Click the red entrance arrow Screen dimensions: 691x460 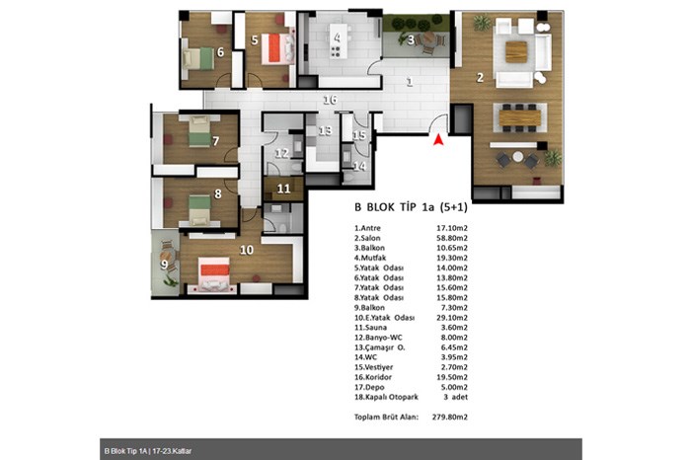(x=438, y=139)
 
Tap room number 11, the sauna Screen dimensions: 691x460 (x=284, y=189)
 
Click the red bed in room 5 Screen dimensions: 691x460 (x=276, y=48)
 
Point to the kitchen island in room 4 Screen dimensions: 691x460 (x=338, y=41)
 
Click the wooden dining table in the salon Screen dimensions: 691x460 (x=519, y=117)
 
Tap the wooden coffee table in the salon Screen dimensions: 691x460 (x=516, y=51)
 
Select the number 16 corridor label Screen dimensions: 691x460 (x=330, y=100)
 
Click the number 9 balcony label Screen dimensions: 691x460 (x=164, y=265)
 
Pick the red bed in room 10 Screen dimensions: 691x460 (x=214, y=273)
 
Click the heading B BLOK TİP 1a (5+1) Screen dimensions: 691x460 (x=411, y=207)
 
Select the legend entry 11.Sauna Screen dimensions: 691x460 (x=370, y=328)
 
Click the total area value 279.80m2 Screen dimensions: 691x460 (x=449, y=417)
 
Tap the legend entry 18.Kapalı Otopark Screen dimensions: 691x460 (x=387, y=397)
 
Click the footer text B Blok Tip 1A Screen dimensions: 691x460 (x=125, y=451)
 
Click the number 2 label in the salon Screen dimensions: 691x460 (x=480, y=78)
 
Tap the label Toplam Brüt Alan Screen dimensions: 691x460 (x=387, y=417)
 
